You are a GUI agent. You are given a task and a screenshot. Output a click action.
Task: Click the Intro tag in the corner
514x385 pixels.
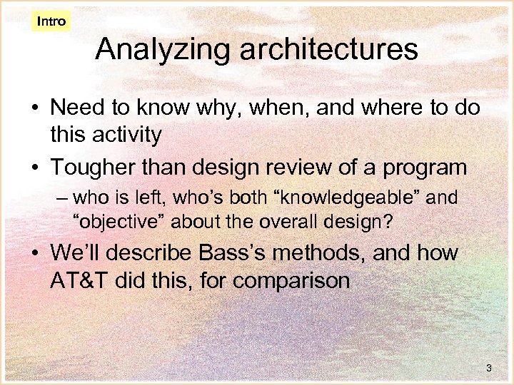coord(51,21)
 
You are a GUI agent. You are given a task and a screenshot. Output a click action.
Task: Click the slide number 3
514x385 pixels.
coord(488,368)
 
